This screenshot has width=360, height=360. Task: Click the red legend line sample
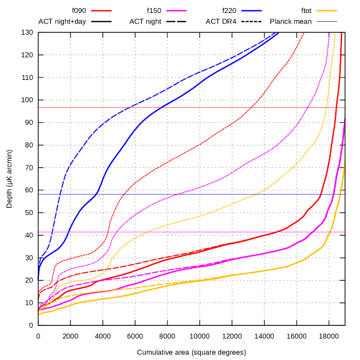[x=101, y=11]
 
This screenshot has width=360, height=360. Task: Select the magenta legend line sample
[x=177, y=11]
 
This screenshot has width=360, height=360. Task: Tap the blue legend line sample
[x=252, y=11]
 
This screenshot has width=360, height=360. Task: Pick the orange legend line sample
[x=327, y=11]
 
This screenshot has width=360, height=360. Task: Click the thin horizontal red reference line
[x=186, y=107]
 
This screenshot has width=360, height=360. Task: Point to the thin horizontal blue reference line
[x=186, y=194]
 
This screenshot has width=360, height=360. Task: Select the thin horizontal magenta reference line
[x=186, y=232]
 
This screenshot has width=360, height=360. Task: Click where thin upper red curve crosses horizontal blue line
[x=117, y=194]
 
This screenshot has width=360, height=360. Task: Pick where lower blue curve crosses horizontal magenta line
[x=68, y=232]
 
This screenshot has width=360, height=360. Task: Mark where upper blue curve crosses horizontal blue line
[x=61, y=194]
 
